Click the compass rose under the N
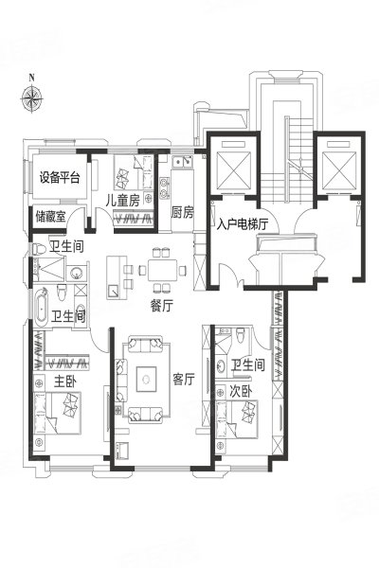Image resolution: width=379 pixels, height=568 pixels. click(x=31, y=98)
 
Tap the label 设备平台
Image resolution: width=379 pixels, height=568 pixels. click(x=60, y=178)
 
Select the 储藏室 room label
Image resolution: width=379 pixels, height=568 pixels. click(x=51, y=217)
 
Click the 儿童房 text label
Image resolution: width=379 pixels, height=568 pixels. click(x=122, y=201)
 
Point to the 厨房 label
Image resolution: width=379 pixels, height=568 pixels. click(x=182, y=212)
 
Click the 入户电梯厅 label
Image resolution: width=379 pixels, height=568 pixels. click(x=243, y=224)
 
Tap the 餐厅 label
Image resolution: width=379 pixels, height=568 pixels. click(x=162, y=306)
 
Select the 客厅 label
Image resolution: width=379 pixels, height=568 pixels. click(x=184, y=380)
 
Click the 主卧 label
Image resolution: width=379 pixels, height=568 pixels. click(x=65, y=382)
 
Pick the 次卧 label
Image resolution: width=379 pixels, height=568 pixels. click(x=242, y=391)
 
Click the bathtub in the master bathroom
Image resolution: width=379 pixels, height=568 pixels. click(x=42, y=308)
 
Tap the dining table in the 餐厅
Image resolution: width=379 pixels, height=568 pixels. click(x=162, y=270)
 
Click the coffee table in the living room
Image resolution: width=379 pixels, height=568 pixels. click(x=146, y=380)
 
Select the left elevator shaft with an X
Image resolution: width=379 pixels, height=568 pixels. click(x=234, y=170)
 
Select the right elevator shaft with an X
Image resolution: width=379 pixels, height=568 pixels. click(x=339, y=170)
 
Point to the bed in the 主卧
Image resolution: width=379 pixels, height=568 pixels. click(x=57, y=413)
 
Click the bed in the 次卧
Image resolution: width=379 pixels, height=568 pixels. click(x=237, y=419)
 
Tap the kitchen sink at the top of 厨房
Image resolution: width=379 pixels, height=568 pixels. click(x=183, y=161)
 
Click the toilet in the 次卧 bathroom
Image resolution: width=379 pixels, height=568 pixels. click(x=241, y=335)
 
